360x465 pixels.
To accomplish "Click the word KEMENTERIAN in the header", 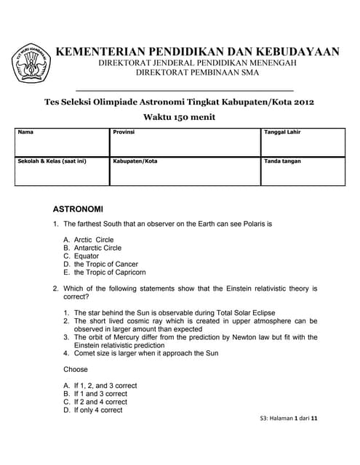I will click(x=92, y=52).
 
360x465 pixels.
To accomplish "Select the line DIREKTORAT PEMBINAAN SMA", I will click(x=198, y=73).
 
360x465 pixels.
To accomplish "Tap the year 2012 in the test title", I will click(x=302, y=102).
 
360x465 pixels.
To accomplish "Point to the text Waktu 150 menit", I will click(x=180, y=117).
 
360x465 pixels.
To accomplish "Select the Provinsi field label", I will click(x=124, y=132).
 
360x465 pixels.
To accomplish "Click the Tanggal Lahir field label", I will click(x=282, y=132).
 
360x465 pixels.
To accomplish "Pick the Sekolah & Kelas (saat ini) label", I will click(x=52, y=161).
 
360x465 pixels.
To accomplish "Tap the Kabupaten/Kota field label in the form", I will click(x=135, y=161).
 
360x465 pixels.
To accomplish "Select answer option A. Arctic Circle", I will click(x=89, y=240).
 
